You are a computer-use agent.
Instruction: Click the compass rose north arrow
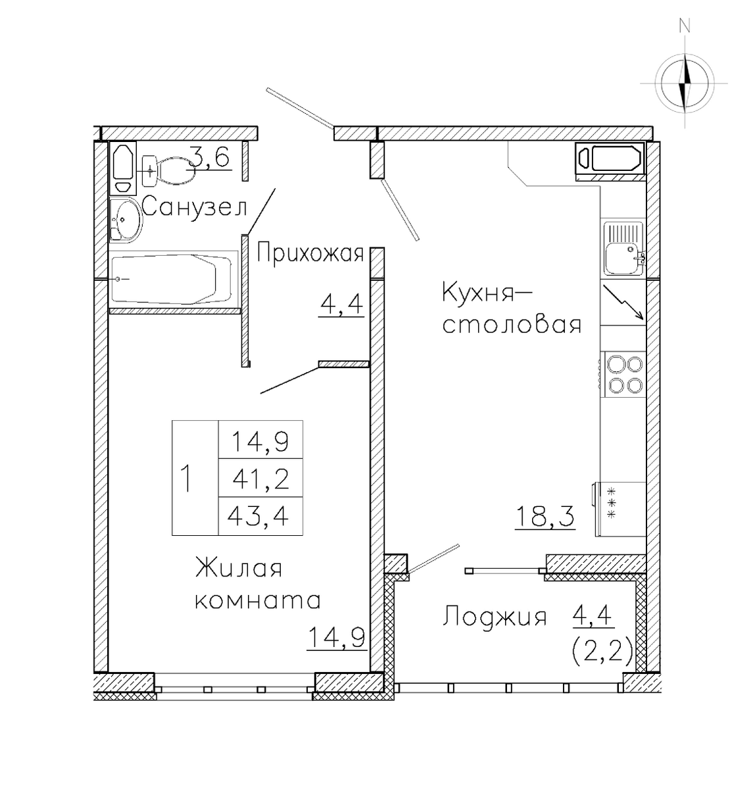pos(685,84)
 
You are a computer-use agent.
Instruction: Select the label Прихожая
pos(310,252)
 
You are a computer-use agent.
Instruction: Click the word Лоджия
pos(495,617)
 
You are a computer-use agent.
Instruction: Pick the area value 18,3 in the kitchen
pos(545,517)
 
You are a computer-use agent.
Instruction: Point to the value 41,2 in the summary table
pos(260,477)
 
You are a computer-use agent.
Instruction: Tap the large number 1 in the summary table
pos(186,478)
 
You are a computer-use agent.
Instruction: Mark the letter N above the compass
pos(685,26)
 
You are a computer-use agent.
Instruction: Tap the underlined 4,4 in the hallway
pos(341,305)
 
